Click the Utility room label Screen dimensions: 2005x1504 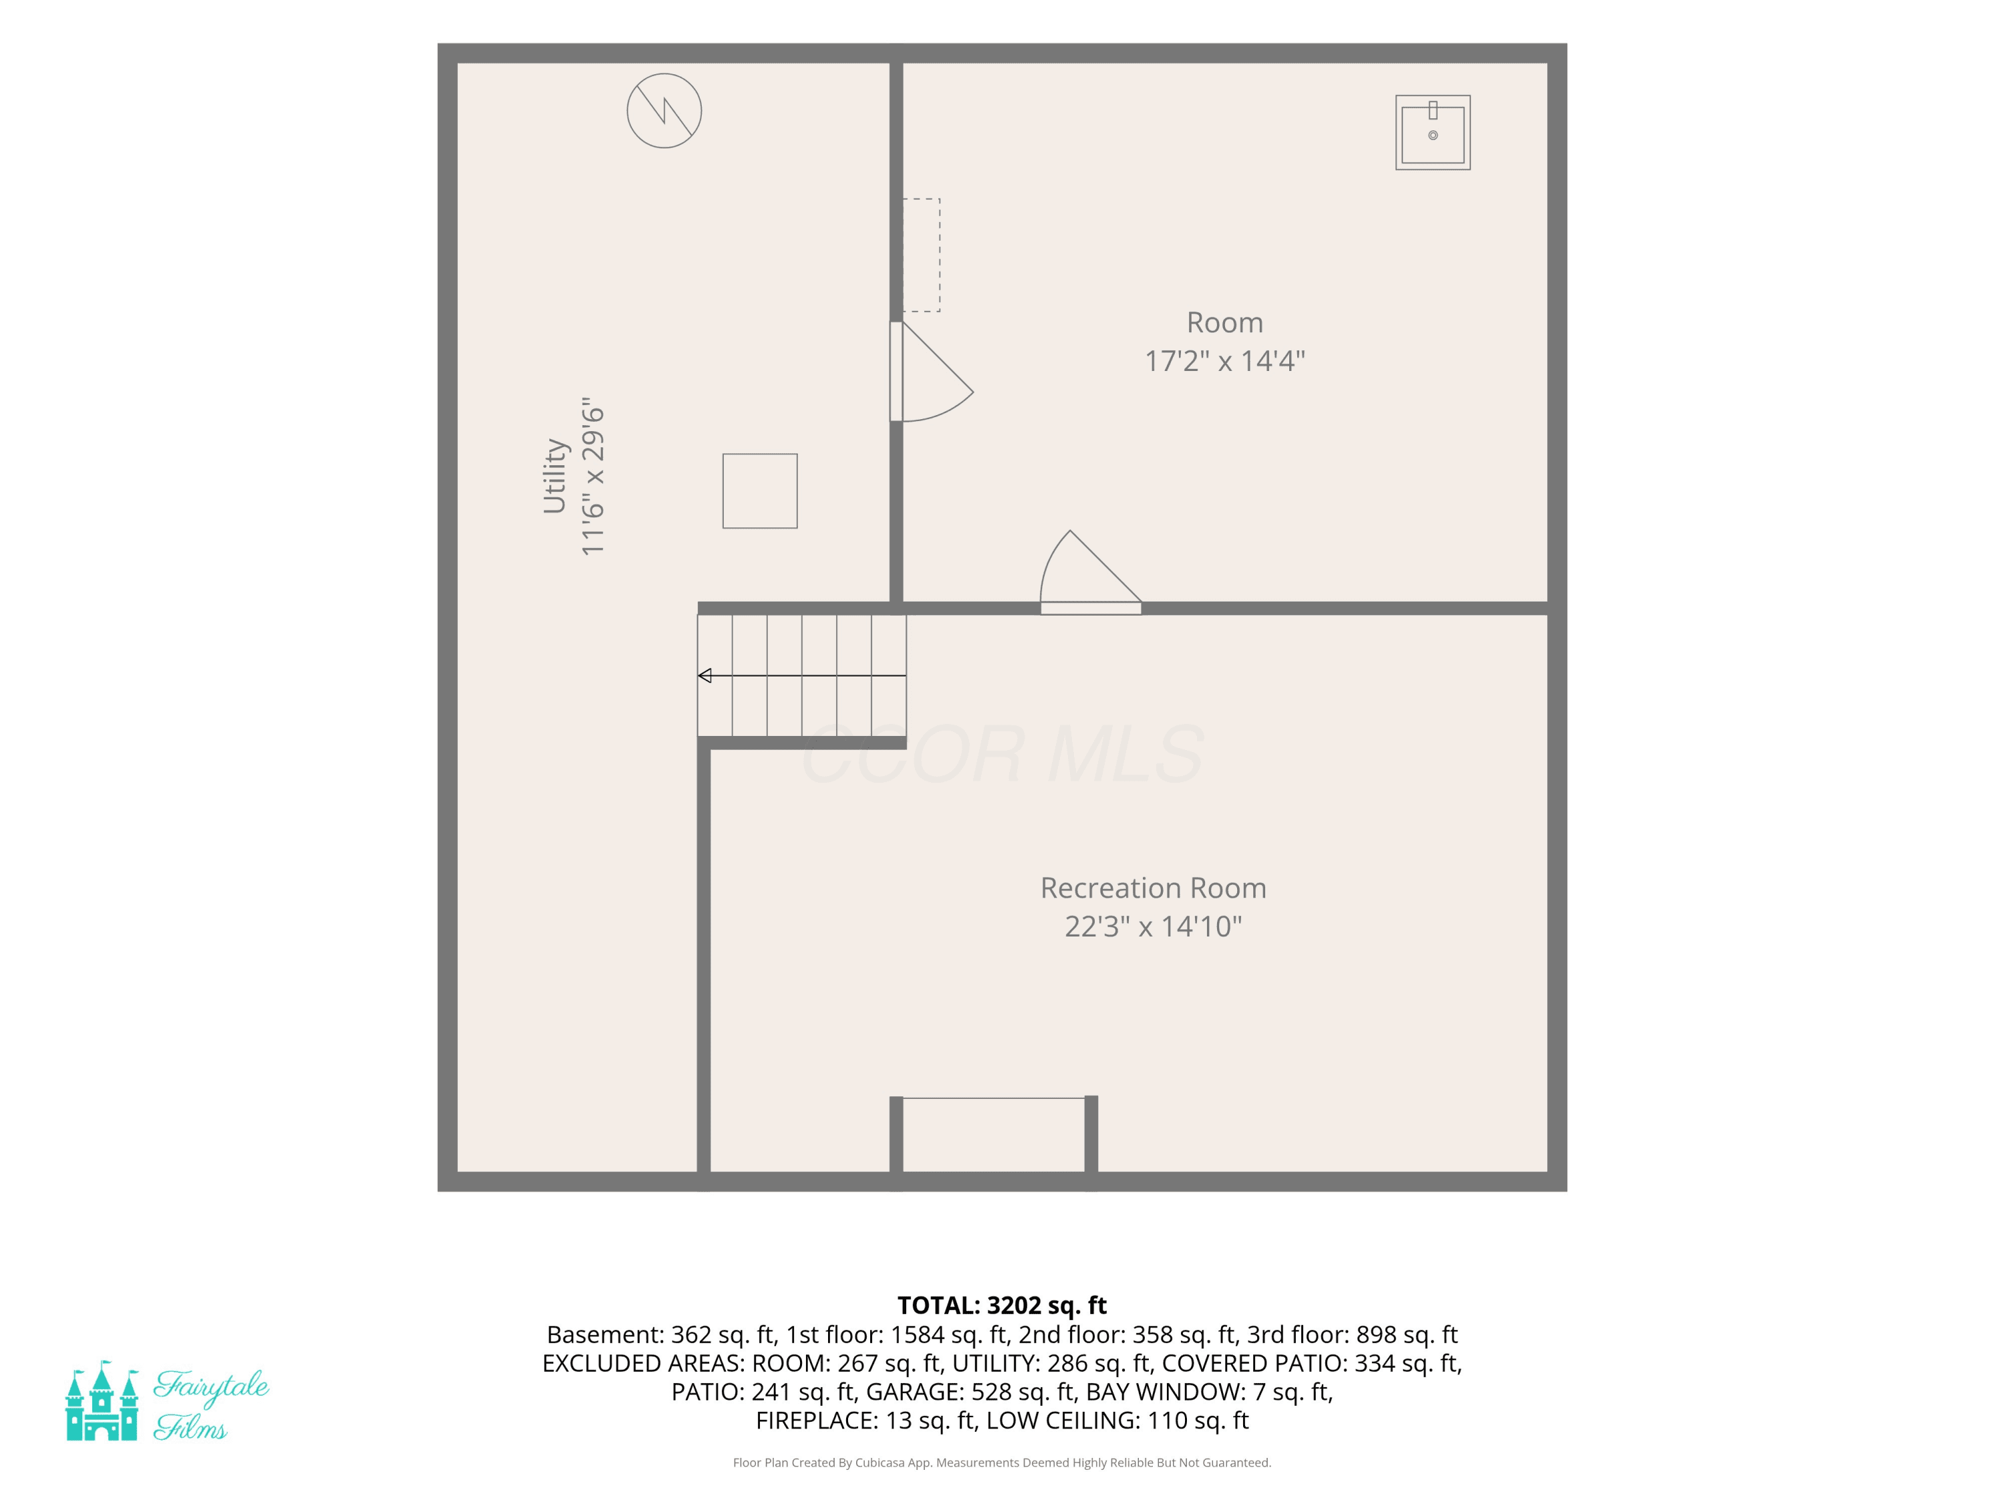point(555,476)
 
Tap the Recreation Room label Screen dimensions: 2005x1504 point(1153,888)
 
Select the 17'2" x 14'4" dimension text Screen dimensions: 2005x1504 point(1224,361)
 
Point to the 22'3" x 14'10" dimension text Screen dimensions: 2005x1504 point(1153,926)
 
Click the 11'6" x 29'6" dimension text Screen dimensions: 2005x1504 point(592,476)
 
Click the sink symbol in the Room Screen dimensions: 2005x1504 point(1433,132)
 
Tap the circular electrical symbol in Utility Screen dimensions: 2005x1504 point(664,110)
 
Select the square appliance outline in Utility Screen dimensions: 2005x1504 point(760,491)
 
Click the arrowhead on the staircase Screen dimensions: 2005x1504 point(704,675)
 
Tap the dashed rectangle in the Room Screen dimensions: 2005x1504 point(921,255)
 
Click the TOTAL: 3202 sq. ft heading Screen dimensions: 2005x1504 point(1002,1305)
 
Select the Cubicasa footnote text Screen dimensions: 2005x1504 point(1002,1463)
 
